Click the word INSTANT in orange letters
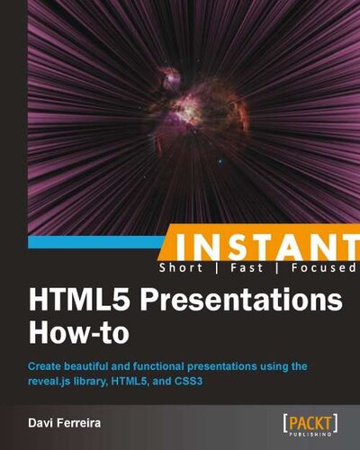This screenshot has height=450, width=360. coord(261,247)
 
